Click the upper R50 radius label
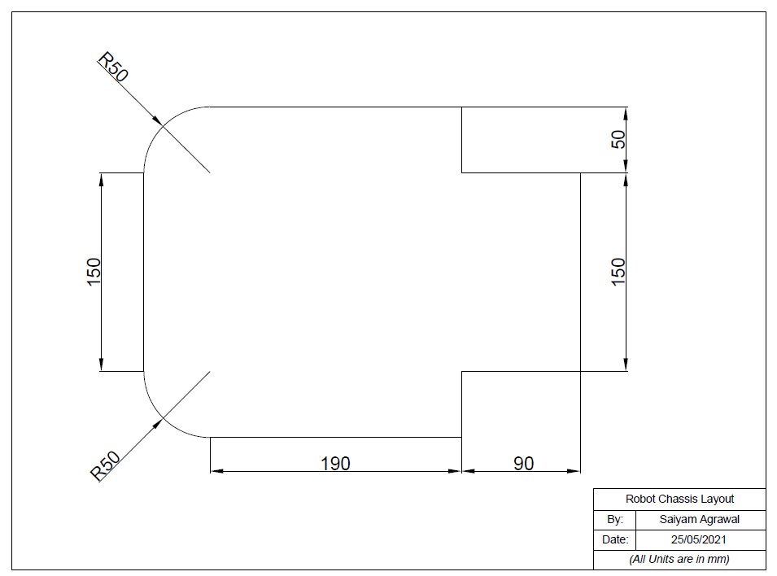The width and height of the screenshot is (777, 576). (x=113, y=68)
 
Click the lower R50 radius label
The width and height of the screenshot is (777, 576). (x=106, y=466)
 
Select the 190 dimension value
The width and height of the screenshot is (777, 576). (x=335, y=463)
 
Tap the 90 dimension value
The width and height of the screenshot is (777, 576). (x=524, y=463)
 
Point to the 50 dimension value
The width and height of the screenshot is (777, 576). (x=619, y=139)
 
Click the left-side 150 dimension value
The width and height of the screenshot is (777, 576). (x=94, y=273)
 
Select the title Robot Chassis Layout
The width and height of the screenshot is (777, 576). (x=679, y=499)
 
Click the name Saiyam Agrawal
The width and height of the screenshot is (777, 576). (x=700, y=520)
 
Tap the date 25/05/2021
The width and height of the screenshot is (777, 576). (x=700, y=540)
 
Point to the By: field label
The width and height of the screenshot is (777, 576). (x=615, y=520)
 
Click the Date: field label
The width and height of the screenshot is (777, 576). (x=615, y=540)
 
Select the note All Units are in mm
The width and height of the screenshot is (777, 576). (x=679, y=560)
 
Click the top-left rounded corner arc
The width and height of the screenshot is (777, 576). (x=163, y=125)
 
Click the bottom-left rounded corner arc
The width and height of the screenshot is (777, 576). (x=163, y=418)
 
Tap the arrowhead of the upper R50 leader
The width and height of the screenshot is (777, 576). (x=158, y=120)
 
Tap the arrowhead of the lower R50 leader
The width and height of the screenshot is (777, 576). (x=158, y=423)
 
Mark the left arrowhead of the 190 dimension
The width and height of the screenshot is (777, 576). (x=216, y=471)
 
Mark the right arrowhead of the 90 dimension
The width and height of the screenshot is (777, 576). (x=574, y=471)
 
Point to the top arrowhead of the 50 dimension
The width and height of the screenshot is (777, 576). (x=626, y=111)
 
